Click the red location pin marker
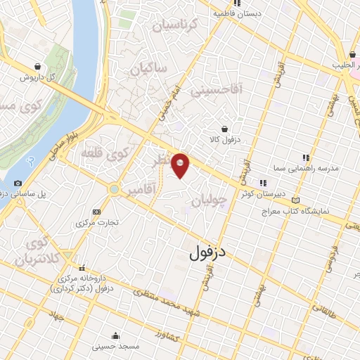(x=181, y=165)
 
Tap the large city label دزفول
(x=210, y=252)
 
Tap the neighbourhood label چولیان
(x=210, y=201)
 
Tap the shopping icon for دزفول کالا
(x=224, y=129)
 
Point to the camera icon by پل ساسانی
(x=18, y=184)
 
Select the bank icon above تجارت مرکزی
(x=96, y=211)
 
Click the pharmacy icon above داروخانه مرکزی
(x=84, y=267)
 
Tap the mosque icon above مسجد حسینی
(x=115, y=335)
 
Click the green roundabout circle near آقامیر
(x=113, y=189)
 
